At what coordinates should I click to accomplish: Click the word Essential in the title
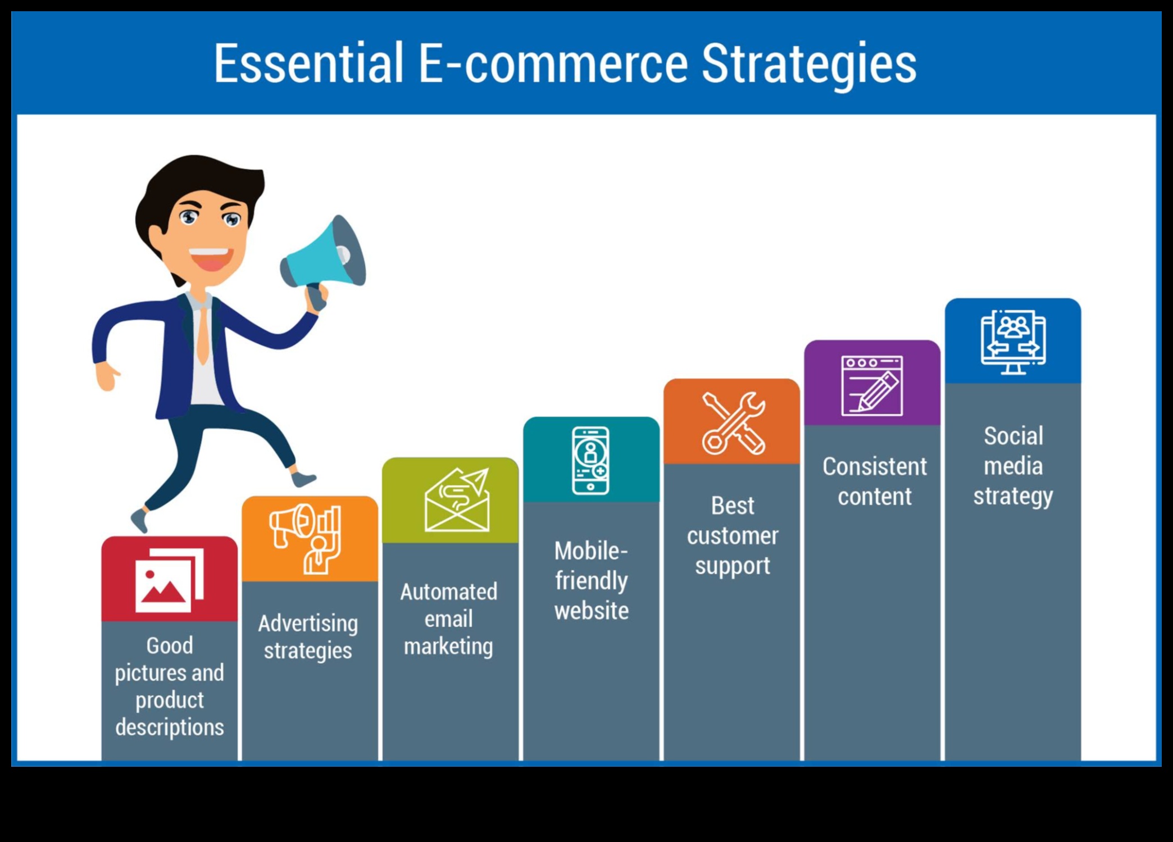308,63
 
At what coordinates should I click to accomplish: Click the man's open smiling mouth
211,259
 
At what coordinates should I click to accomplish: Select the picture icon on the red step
169,580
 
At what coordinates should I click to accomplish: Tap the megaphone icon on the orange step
305,539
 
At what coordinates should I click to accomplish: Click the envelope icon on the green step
457,499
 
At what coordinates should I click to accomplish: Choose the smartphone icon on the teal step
590,461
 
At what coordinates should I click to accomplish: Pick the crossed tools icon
733,423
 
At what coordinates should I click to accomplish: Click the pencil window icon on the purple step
872,385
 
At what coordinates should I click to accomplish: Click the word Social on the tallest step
1013,436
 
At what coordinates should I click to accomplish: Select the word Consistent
874,466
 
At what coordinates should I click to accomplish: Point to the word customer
733,536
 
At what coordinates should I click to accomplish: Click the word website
591,611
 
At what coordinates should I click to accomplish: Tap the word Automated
448,591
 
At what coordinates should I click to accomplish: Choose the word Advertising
308,623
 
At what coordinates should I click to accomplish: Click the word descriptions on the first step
169,727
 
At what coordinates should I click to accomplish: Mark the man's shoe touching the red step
139,520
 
